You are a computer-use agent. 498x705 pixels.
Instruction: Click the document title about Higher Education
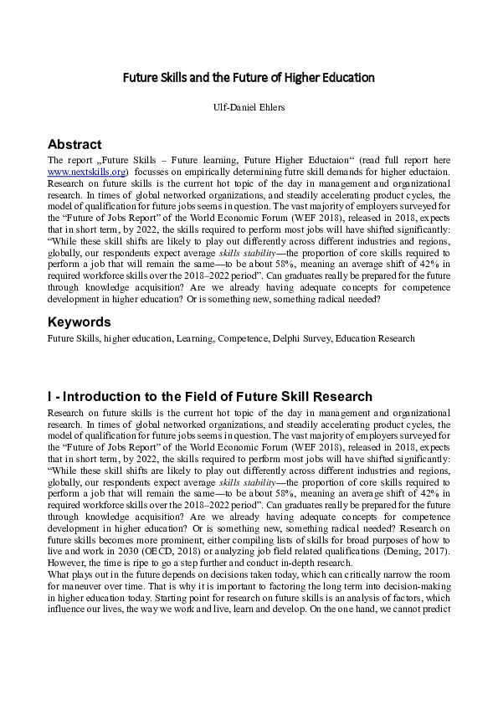(x=249, y=78)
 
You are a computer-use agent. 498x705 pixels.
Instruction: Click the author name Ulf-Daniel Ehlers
(x=249, y=107)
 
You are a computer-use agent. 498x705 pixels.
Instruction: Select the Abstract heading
(x=74, y=144)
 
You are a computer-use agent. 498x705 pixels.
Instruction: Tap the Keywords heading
(x=79, y=322)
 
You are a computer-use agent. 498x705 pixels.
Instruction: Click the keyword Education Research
(x=374, y=338)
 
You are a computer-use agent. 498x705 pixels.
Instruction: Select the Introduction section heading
(x=209, y=396)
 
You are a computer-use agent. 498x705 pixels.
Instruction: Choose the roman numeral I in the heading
(x=50, y=396)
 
